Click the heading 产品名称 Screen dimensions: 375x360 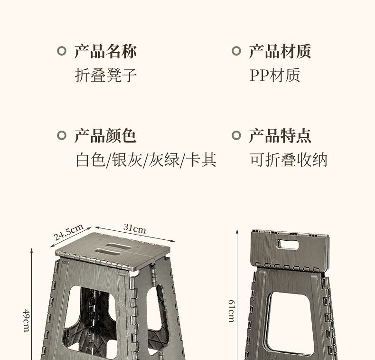tap(105, 51)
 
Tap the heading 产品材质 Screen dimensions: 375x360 tap(280, 51)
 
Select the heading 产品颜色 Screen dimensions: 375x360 tap(105, 136)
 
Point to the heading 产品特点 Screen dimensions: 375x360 tap(280, 136)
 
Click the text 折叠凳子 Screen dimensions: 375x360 tap(106, 75)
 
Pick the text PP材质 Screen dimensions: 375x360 tap(275, 75)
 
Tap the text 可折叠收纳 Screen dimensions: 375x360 tap(289, 160)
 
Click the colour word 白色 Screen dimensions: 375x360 tap(91, 160)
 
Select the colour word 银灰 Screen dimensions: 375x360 tap(127, 160)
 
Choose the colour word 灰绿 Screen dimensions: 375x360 tap(164, 160)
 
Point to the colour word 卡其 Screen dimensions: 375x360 tap(201, 160)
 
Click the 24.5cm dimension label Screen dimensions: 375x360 tap(68, 232)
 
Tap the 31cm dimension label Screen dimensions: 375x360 tap(134, 228)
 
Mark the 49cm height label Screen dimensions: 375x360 tap(26, 321)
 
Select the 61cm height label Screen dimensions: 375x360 tap(231, 311)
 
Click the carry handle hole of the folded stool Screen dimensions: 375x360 tap(288, 245)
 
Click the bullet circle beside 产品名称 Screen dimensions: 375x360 tap(62, 51)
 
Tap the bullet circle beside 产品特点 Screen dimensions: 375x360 tap(236, 135)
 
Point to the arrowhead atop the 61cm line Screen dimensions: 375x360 tap(237, 231)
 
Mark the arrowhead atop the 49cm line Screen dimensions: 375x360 tap(31, 250)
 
